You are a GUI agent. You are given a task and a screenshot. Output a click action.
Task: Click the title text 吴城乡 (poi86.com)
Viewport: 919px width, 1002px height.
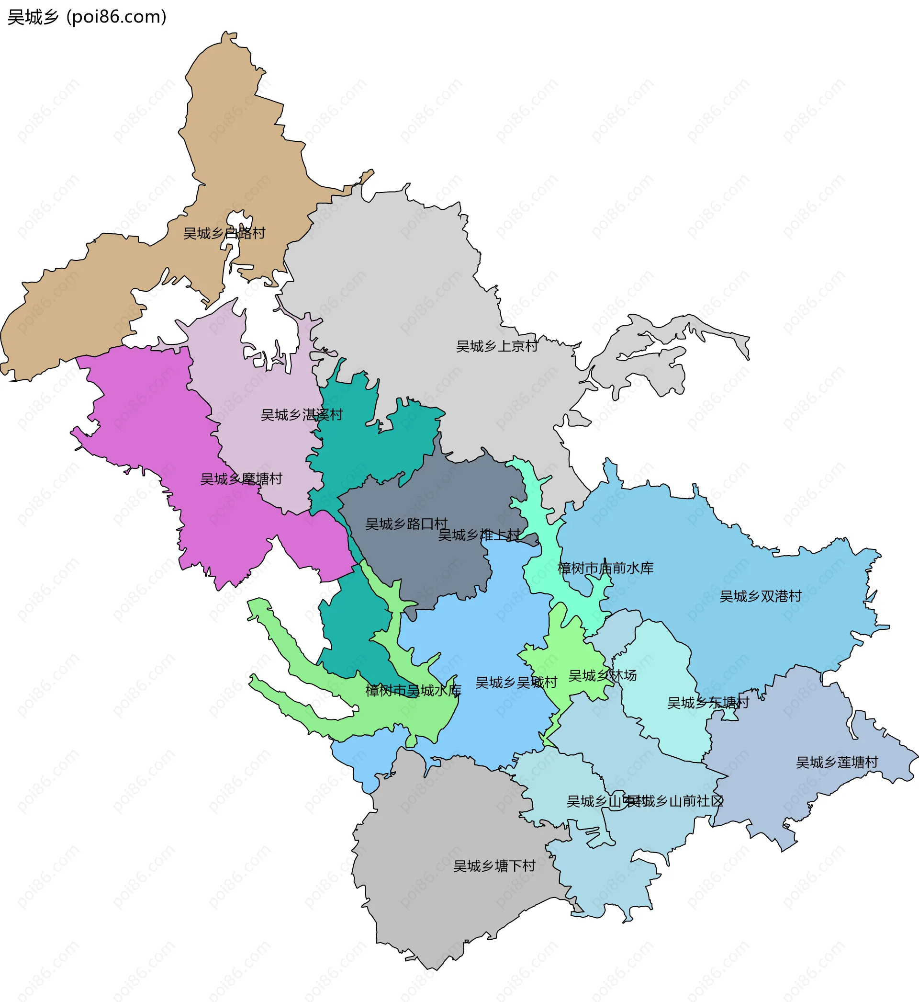(87, 17)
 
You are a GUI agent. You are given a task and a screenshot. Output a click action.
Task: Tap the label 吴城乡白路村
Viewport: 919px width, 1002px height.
(224, 233)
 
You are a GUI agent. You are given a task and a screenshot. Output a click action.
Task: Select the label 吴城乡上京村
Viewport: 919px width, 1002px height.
(497, 346)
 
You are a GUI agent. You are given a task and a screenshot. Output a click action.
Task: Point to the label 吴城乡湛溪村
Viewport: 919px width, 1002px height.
(302, 414)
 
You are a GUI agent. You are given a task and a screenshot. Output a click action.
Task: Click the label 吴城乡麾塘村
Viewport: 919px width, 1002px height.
(241, 478)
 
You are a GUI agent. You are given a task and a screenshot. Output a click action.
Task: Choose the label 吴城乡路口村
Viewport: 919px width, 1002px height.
(406, 524)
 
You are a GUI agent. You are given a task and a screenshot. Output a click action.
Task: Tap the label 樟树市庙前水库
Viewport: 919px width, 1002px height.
(605, 568)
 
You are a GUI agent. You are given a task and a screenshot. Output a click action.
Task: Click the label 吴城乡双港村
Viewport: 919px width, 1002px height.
(761, 596)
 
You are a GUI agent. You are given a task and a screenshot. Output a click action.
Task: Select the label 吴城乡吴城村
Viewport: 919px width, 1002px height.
(516, 682)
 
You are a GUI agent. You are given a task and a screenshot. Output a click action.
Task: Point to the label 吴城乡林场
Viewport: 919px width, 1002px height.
(602, 675)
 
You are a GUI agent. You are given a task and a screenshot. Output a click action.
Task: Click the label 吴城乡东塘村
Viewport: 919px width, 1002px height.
(707, 703)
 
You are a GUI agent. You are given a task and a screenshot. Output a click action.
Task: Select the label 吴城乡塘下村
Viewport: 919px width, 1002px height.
(494, 865)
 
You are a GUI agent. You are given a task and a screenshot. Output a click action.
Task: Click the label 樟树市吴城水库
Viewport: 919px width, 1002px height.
(413, 690)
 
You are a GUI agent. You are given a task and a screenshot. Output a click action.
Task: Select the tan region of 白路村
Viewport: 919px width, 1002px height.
(239, 149)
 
